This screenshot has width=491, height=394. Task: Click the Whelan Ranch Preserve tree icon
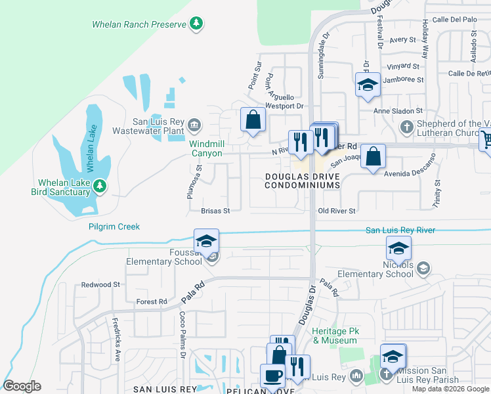(196, 24)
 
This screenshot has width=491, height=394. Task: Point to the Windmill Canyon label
(206, 148)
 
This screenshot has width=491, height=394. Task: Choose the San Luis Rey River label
(400, 230)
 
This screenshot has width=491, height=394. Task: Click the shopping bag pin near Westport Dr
(253, 120)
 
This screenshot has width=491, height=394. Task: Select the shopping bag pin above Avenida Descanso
(373, 157)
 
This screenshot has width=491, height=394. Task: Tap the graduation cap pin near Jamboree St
(368, 85)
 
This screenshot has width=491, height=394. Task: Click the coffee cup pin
(272, 376)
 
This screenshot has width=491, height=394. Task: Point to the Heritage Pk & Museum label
(335, 336)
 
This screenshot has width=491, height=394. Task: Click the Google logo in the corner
(22, 386)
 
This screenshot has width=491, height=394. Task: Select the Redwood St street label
(100, 285)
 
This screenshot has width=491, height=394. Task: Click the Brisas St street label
(215, 211)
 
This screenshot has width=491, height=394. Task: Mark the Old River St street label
(336, 211)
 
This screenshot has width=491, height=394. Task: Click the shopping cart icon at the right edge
(486, 139)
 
